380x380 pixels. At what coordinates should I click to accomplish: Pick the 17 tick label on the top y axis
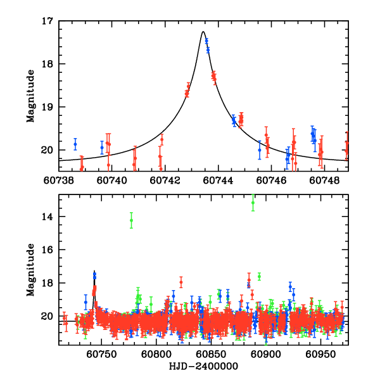point(47,21)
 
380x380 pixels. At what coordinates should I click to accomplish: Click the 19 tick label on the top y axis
point(47,107)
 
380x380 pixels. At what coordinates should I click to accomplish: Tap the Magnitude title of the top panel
point(30,96)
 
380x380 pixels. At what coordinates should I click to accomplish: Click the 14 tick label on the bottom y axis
point(47,217)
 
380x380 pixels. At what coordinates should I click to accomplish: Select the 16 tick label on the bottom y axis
point(47,250)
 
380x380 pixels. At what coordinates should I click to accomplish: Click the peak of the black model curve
point(203,32)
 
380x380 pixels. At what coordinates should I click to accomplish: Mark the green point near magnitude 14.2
point(131,220)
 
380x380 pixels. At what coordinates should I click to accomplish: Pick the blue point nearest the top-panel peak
point(206,41)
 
